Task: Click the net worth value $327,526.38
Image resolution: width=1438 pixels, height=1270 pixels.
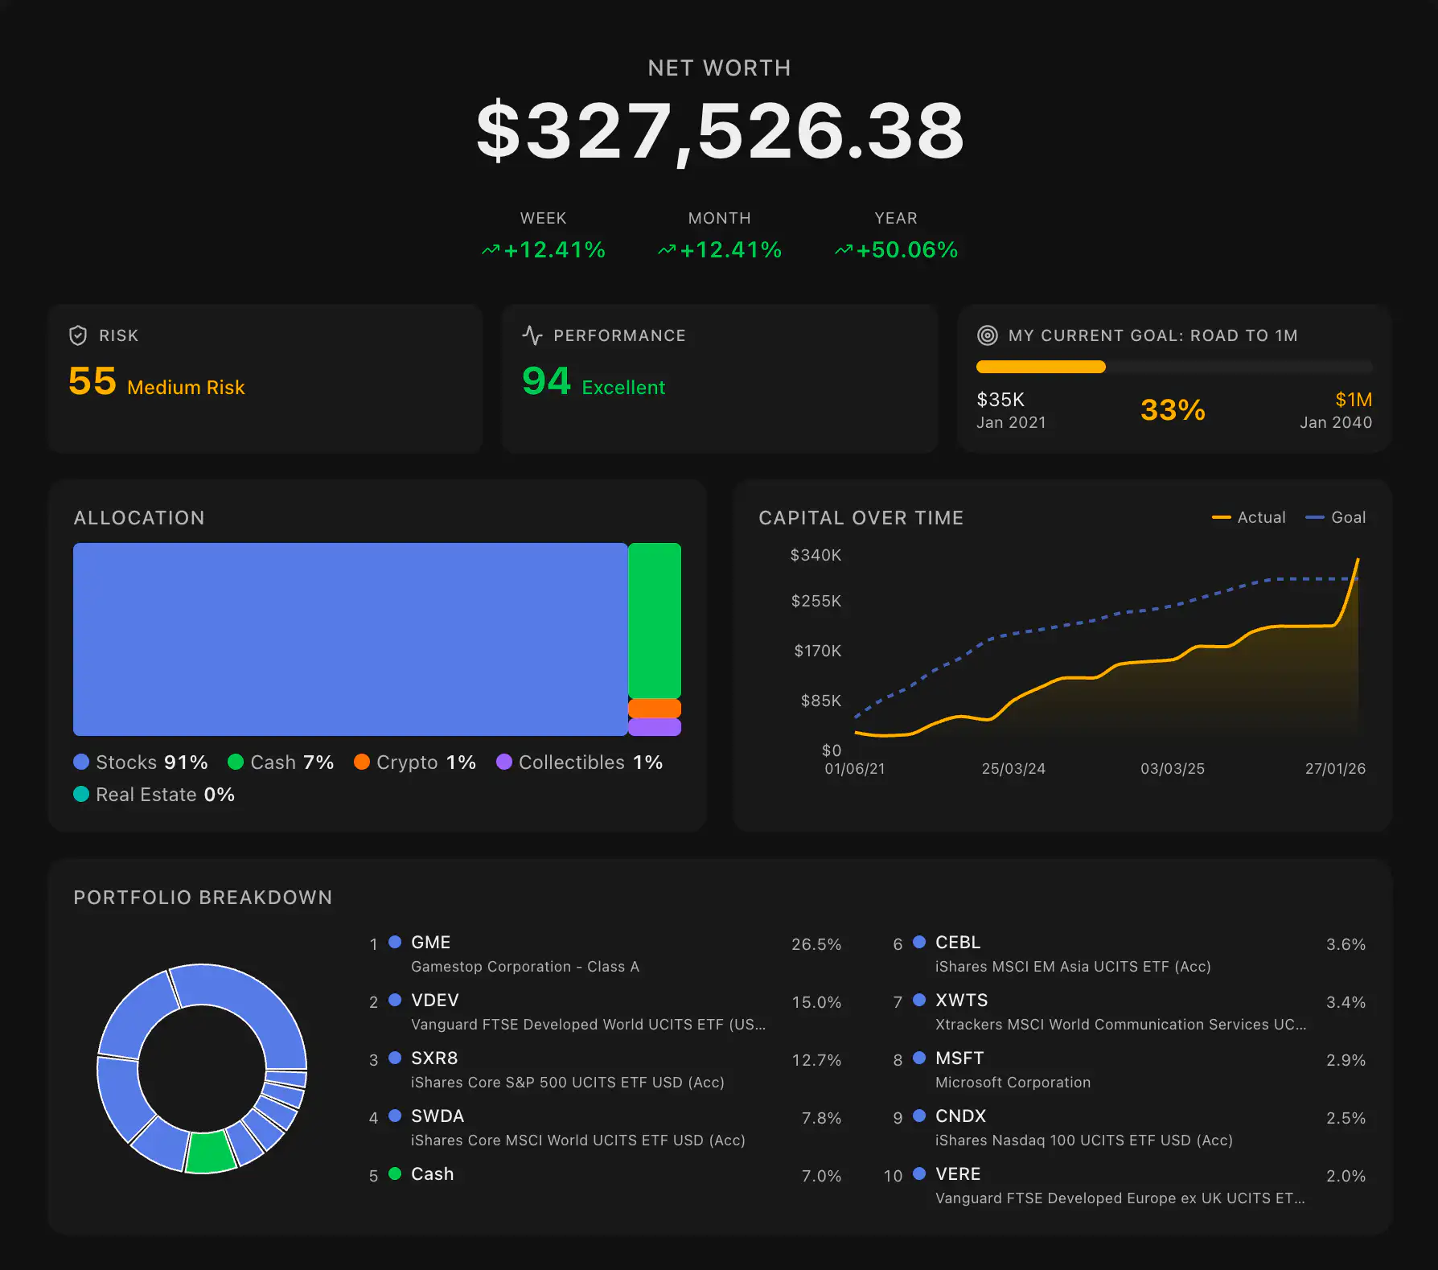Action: pyautogui.click(x=720, y=131)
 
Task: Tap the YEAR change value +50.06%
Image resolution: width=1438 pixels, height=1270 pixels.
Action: pyautogui.click(x=906, y=250)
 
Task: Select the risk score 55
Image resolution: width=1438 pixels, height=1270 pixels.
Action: pyautogui.click(x=92, y=381)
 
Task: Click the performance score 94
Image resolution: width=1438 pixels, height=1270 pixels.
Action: pyautogui.click(x=546, y=381)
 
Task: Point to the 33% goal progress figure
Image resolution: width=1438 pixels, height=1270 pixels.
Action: pyautogui.click(x=1173, y=410)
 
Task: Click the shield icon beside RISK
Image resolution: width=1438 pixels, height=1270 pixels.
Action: pyautogui.click(x=78, y=335)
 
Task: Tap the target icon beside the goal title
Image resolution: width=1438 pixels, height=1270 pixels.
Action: pyautogui.click(x=987, y=335)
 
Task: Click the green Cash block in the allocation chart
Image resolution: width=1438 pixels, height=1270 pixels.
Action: pyautogui.click(x=654, y=619)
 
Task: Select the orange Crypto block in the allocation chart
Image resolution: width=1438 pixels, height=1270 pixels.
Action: pyautogui.click(x=654, y=709)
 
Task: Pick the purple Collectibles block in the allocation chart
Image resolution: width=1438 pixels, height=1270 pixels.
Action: pyautogui.click(x=654, y=727)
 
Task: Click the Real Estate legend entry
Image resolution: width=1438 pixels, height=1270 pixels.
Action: pyautogui.click(x=154, y=795)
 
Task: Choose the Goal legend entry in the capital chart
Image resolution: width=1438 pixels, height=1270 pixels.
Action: pyautogui.click(x=1336, y=517)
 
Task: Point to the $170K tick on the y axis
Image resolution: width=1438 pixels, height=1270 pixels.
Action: pyautogui.click(x=817, y=651)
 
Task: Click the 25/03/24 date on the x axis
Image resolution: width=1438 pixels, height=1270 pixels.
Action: pyautogui.click(x=1013, y=769)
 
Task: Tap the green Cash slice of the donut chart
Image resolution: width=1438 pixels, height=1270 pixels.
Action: pyautogui.click(x=210, y=1152)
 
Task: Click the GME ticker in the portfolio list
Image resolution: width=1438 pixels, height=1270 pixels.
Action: pyautogui.click(x=430, y=943)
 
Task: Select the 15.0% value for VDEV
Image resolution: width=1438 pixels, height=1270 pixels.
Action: pyautogui.click(x=816, y=1002)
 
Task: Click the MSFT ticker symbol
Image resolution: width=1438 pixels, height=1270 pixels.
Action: pyautogui.click(x=959, y=1058)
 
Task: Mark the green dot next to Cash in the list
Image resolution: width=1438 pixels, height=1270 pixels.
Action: pyautogui.click(x=395, y=1173)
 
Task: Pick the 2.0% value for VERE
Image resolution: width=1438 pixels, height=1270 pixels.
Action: pyautogui.click(x=1346, y=1176)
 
